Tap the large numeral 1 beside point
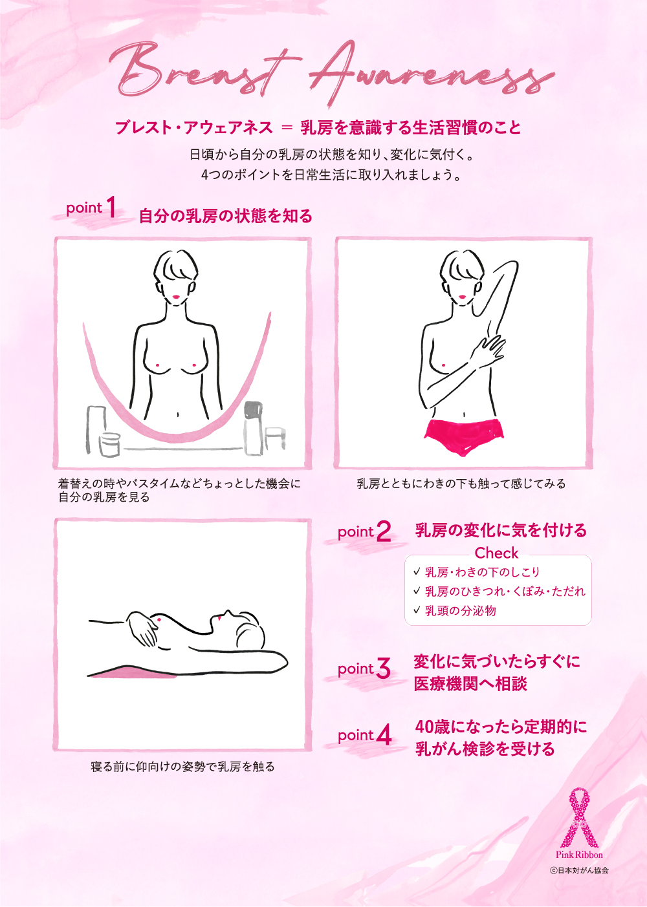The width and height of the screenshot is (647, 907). point(111,207)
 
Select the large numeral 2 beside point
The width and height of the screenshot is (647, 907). point(383,531)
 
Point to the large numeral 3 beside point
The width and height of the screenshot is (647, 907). point(383,668)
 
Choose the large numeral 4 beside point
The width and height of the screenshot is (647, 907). point(384,734)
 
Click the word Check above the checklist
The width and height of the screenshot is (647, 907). point(496,553)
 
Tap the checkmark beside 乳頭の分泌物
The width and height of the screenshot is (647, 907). point(417,610)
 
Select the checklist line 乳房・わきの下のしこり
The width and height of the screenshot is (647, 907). point(482,571)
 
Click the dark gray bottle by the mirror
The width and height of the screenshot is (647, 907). point(253,428)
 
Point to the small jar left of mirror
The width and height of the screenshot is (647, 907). point(110,444)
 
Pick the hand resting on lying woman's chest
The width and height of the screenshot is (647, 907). point(142,628)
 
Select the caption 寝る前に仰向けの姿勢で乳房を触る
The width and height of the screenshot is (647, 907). point(182,767)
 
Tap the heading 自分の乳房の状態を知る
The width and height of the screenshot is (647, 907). point(226,216)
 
